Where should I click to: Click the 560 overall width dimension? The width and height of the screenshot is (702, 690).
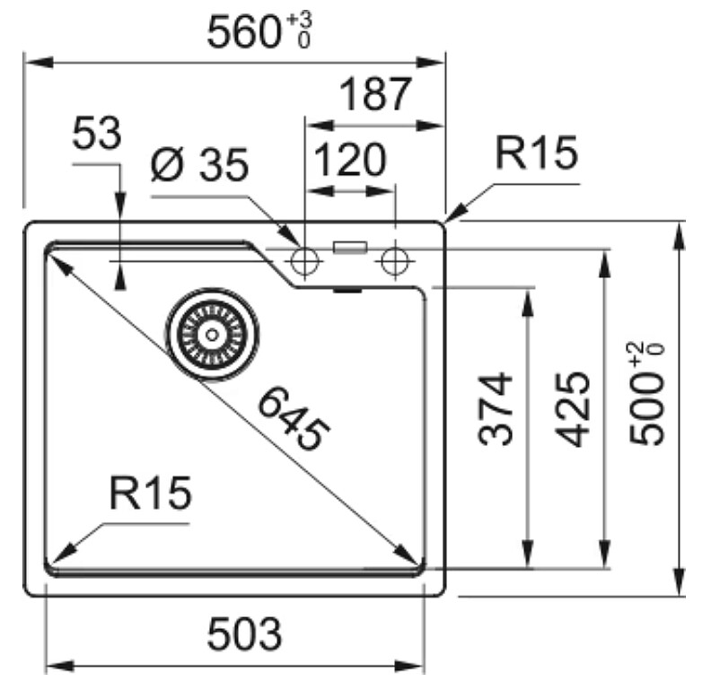pyautogui.click(x=244, y=32)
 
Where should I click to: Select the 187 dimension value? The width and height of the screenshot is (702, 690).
pyautogui.click(x=375, y=94)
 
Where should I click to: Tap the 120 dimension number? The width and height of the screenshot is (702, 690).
pyautogui.click(x=350, y=160)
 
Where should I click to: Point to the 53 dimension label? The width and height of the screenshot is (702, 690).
pyautogui.click(x=97, y=133)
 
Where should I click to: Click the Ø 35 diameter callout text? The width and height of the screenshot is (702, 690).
pyautogui.click(x=199, y=165)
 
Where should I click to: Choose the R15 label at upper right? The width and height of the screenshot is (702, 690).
pyautogui.click(x=536, y=153)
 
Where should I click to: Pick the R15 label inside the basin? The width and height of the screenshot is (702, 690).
pyautogui.click(x=151, y=493)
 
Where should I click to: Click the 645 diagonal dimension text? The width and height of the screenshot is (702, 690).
pyautogui.click(x=294, y=419)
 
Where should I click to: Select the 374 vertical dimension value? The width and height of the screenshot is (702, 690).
pyautogui.click(x=495, y=409)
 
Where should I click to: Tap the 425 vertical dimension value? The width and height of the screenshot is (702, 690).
pyautogui.click(x=572, y=409)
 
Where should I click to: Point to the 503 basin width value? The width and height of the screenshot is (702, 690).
pyautogui.click(x=244, y=634)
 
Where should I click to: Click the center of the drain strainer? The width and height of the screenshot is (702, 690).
pyautogui.click(x=212, y=335)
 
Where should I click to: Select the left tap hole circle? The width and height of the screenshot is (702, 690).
pyautogui.click(x=304, y=260)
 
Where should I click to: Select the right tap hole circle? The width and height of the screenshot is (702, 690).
pyautogui.click(x=395, y=260)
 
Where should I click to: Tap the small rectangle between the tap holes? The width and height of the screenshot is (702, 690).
pyautogui.click(x=350, y=248)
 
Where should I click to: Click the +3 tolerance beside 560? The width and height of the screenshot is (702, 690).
pyautogui.click(x=300, y=21)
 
